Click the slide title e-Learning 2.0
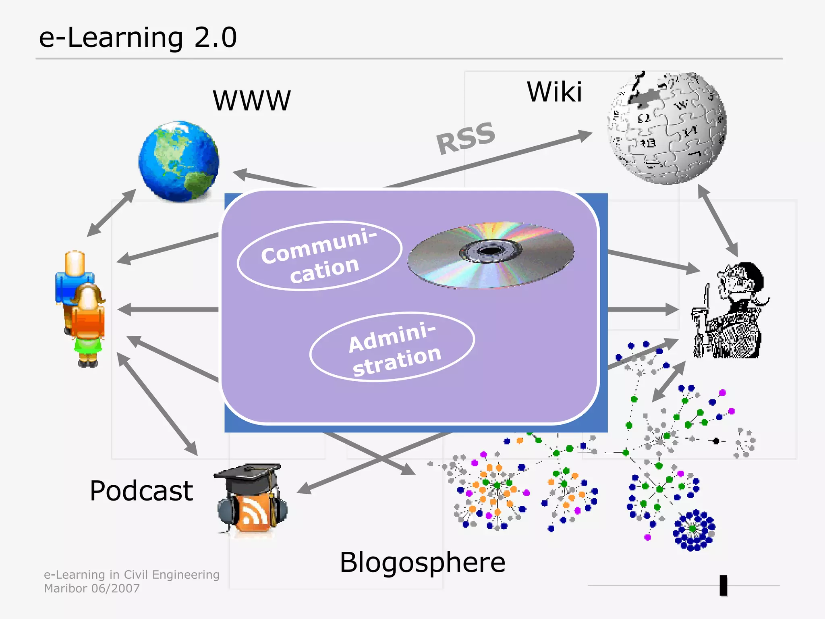coord(138,37)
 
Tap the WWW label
coord(251,101)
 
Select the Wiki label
coord(554,92)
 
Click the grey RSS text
coord(466,138)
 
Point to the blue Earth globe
coord(179,161)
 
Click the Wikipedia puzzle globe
coord(667,128)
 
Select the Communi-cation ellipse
coord(319,256)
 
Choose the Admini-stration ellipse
coord(392,347)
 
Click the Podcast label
coord(141,491)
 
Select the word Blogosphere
coord(422,563)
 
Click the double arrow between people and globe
coord(112,213)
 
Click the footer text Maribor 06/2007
coord(92,589)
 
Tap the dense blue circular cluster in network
coord(693,530)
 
